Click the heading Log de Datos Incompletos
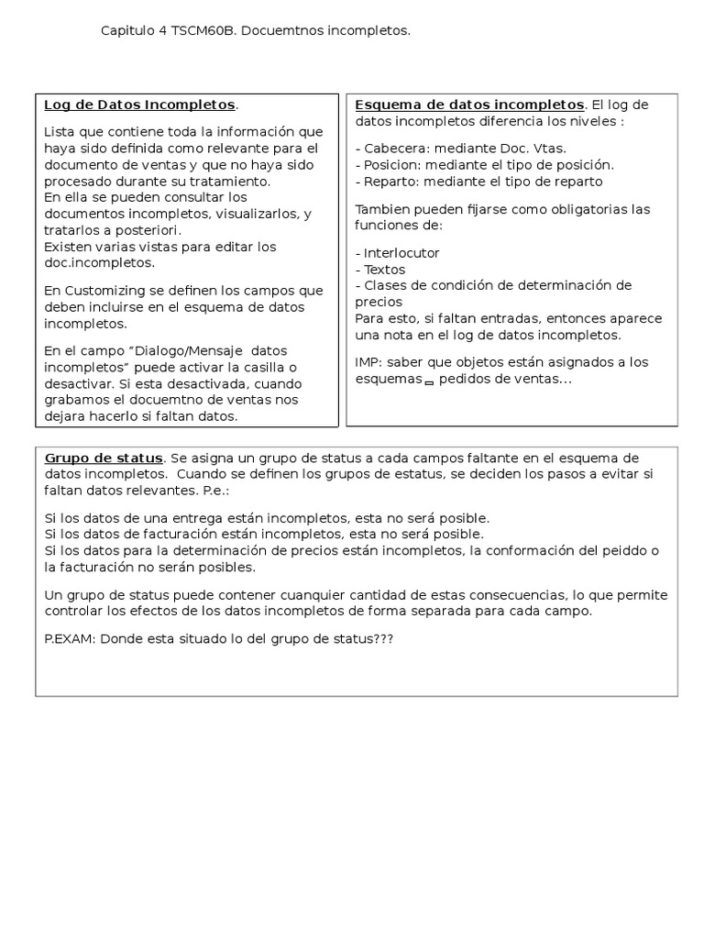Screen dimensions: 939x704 tap(139, 105)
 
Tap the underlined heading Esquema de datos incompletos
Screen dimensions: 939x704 tap(469, 105)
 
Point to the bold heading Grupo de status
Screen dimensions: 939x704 tap(104, 458)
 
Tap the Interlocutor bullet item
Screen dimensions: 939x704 tap(397, 253)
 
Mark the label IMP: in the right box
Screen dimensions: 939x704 tap(368, 362)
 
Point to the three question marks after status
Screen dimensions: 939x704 tap(381, 638)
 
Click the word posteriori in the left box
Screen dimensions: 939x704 tap(150, 229)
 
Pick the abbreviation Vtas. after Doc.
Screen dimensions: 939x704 tap(548, 148)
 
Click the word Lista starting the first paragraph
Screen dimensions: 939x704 tap(60, 132)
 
